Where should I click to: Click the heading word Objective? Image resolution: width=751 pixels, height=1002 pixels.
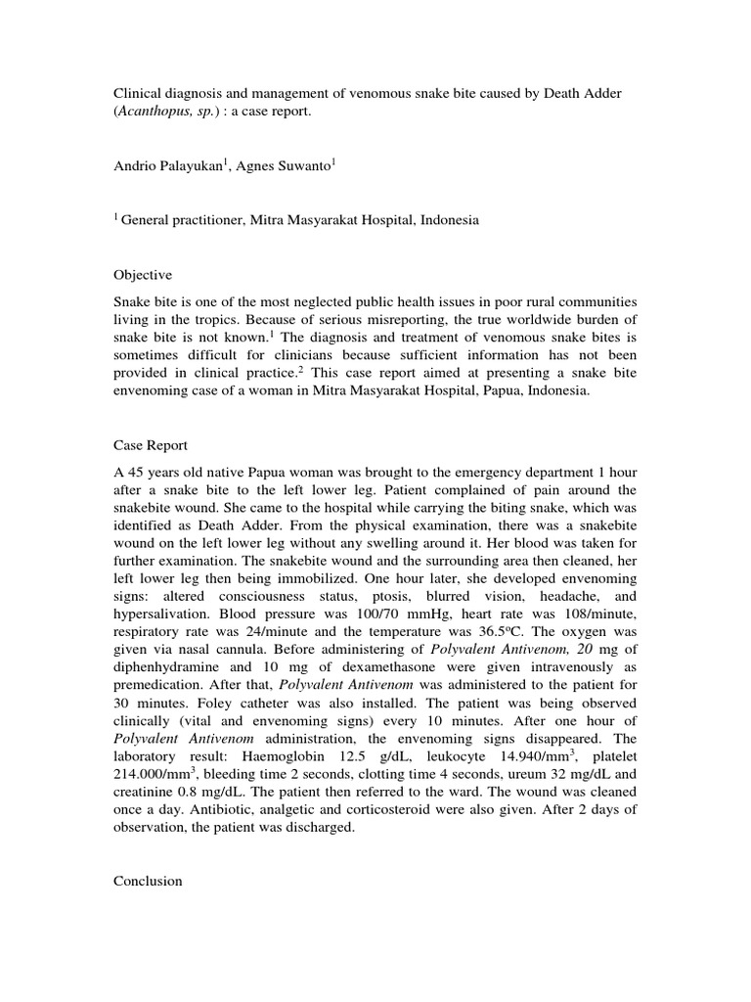143,275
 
